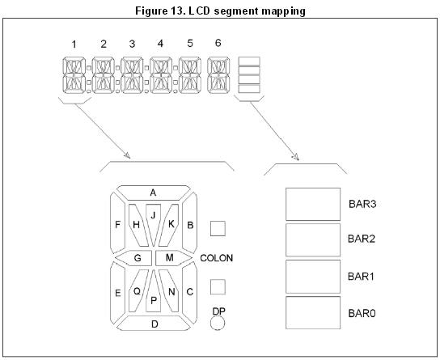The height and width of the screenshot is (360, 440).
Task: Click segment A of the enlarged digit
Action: pyautogui.click(x=153, y=193)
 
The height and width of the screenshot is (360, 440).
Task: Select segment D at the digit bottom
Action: pyautogui.click(x=154, y=324)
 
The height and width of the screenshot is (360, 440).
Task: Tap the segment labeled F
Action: pyautogui.click(x=117, y=223)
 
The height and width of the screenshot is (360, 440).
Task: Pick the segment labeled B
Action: pyautogui.click(x=190, y=223)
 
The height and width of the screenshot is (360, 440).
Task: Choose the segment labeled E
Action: pyautogui.click(x=117, y=293)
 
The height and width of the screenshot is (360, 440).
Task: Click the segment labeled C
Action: pyautogui.click(x=190, y=293)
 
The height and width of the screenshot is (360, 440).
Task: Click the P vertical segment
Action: pyautogui.click(x=153, y=292)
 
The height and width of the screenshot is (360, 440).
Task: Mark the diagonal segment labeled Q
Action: pyautogui.click(x=137, y=290)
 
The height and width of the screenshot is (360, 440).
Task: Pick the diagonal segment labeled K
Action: pyautogui.click(x=170, y=225)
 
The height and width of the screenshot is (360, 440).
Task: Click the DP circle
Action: pyautogui.click(x=218, y=323)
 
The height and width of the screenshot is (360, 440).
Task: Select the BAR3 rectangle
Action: pyautogui.click(x=313, y=204)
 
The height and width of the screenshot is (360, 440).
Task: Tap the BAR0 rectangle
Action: pyautogui.click(x=313, y=312)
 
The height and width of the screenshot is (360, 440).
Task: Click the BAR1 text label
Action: pyautogui.click(x=361, y=277)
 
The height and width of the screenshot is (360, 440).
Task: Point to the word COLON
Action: pyautogui.click(x=216, y=258)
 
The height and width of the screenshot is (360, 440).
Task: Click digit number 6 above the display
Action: pyautogui.click(x=218, y=43)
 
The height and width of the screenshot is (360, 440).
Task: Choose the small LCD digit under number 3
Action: pyautogui.click(x=132, y=75)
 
